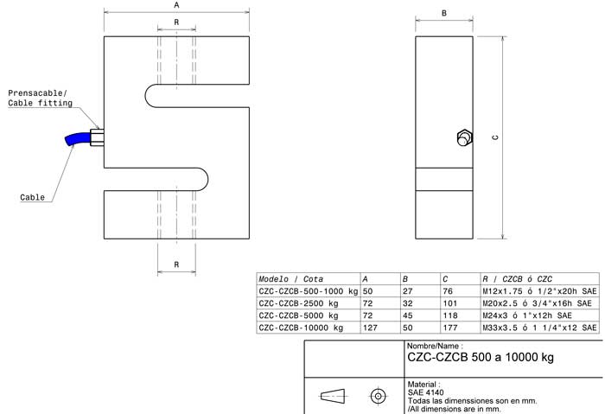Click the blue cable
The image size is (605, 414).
click(x=77, y=138)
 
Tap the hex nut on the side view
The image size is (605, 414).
click(x=464, y=137)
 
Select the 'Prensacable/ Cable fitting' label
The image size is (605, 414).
click(x=40, y=98)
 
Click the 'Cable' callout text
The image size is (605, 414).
click(x=33, y=197)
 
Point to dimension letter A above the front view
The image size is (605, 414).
click(x=176, y=5)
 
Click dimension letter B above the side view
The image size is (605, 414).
click(x=444, y=13)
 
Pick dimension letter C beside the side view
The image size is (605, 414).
click(x=495, y=137)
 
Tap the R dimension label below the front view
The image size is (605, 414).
click(x=176, y=264)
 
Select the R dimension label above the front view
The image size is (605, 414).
click(x=176, y=22)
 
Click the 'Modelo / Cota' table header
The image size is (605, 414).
click(x=291, y=279)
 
